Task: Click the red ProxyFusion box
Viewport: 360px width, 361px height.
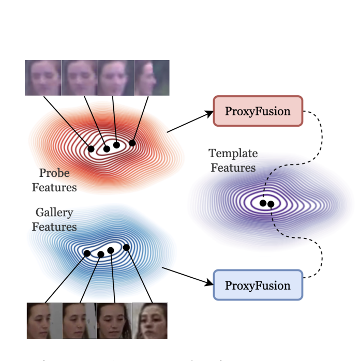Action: point(258,111)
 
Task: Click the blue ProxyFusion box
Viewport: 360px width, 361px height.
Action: point(258,285)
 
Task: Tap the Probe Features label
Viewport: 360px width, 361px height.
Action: point(54,179)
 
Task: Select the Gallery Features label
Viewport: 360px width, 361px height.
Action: point(54,219)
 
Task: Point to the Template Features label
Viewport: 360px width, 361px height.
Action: point(233,160)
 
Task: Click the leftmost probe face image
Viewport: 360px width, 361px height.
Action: point(43,78)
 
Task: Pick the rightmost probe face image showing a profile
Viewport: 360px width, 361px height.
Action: point(152,78)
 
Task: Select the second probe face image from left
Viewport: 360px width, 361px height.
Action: point(80,78)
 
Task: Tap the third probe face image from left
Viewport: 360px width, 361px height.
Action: point(116,78)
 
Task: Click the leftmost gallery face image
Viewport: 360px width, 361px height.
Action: point(44,321)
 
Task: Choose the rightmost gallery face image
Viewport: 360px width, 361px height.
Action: point(150,321)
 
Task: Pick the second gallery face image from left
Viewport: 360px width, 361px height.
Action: point(80,321)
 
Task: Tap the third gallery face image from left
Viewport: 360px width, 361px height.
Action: point(114,321)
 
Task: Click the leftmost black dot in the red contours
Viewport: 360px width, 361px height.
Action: point(91,149)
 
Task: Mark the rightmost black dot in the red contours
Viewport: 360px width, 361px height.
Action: point(132,143)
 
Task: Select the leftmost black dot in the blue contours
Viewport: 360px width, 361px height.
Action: point(87,253)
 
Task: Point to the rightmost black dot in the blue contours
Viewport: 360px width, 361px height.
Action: point(126,247)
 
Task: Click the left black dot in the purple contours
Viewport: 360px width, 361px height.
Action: point(263,203)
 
